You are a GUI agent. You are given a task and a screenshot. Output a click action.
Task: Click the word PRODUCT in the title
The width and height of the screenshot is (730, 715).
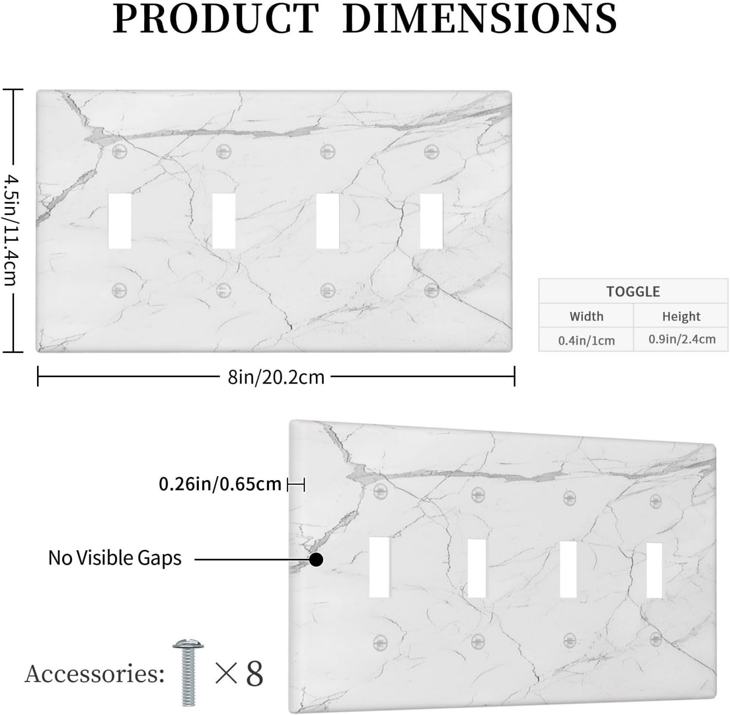pos(216,18)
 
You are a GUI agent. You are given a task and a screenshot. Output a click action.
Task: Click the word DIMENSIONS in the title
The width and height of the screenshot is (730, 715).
pos(480,18)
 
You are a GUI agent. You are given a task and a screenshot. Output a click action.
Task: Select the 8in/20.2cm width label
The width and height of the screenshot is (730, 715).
pos(276,377)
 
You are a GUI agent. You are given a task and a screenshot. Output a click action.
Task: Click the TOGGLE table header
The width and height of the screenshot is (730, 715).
pos(633,291)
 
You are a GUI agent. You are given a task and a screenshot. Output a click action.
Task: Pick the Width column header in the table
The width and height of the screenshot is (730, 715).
pos(586,316)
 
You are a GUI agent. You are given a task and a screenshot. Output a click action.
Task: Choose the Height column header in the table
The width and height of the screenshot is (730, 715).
pos(681,317)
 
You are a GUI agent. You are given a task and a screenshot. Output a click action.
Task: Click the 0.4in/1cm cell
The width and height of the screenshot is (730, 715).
pos(586,340)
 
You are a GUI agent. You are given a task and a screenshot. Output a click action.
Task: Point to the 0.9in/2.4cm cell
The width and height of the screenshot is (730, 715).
pos(682,339)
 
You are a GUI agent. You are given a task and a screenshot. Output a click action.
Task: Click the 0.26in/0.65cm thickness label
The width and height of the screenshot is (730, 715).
pos(220,484)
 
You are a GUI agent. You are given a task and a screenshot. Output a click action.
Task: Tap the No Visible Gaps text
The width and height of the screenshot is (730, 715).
pos(115,558)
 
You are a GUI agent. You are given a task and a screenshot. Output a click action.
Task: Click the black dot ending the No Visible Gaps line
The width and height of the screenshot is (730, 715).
pos(316,560)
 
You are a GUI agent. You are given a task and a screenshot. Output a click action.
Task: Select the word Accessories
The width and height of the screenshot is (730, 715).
pos(94,674)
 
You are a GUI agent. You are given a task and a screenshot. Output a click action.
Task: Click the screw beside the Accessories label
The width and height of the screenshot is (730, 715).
pos(188,672)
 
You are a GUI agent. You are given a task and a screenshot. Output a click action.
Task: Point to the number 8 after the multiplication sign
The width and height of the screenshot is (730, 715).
pos(254,674)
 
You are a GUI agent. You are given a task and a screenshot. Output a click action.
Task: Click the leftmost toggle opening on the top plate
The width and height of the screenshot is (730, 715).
pos(119,221)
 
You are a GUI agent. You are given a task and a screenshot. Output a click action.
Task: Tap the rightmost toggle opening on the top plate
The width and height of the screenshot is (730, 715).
pos(431,221)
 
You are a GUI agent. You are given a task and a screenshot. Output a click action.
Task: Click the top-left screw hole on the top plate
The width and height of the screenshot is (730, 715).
pos(119,151)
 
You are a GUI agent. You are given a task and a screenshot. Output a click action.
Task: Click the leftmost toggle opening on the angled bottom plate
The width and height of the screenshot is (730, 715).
pos(380,567)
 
